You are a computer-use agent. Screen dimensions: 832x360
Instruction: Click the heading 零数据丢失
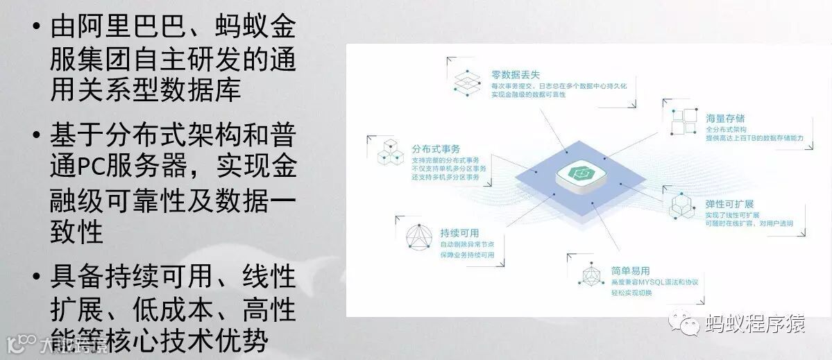511,74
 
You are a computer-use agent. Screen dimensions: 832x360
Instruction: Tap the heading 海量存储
706,119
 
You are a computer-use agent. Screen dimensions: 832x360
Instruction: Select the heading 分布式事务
436,149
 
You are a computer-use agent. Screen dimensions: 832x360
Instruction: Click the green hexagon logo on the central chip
578,173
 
